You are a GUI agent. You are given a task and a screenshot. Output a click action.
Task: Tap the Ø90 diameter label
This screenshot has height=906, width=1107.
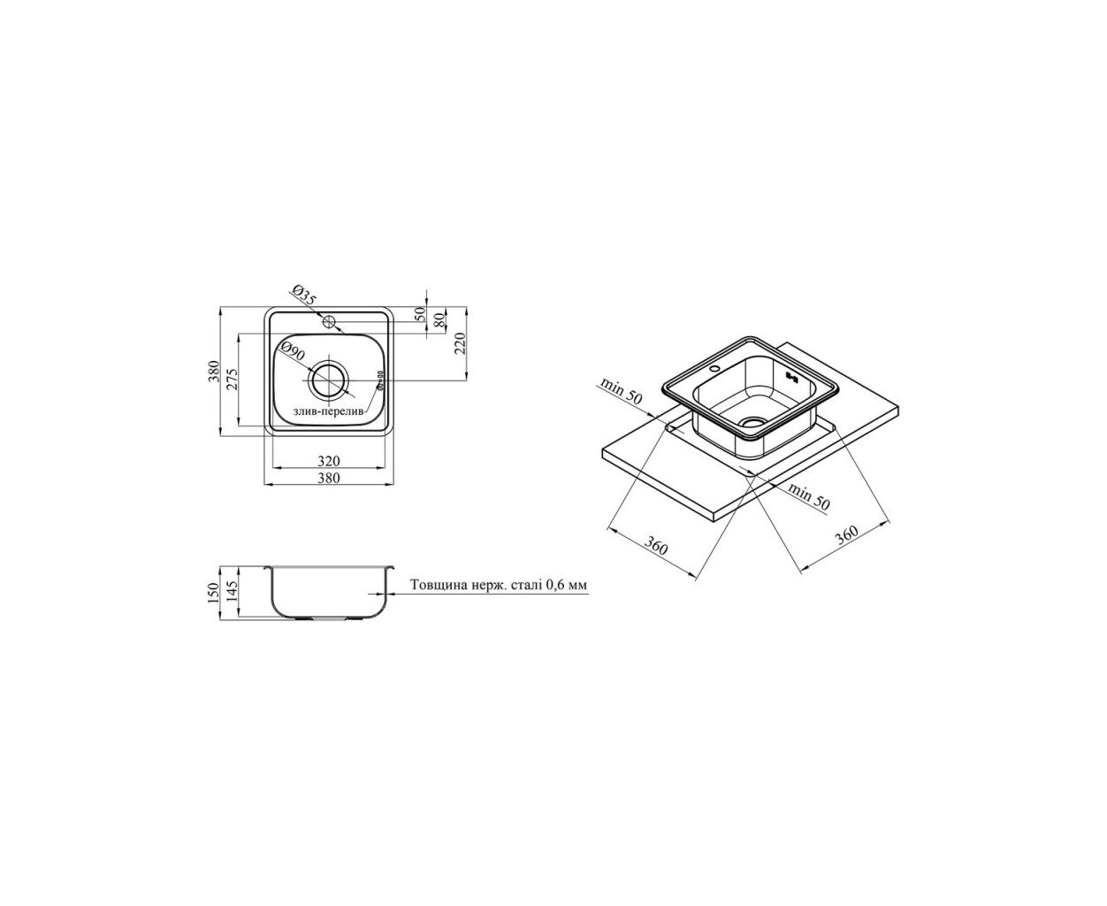pyautogui.click(x=293, y=351)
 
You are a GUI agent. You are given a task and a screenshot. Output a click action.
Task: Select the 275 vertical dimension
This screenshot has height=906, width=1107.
pyautogui.click(x=233, y=379)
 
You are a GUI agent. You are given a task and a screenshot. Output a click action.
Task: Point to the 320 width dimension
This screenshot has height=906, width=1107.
pyautogui.click(x=329, y=461)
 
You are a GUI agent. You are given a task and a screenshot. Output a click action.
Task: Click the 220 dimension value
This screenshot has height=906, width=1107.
pyautogui.click(x=461, y=343)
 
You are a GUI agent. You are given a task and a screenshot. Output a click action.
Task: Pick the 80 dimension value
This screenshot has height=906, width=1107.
pyautogui.click(x=439, y=319)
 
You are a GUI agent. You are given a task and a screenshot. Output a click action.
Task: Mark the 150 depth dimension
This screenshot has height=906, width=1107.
pyautogui.click(x=212, y=593)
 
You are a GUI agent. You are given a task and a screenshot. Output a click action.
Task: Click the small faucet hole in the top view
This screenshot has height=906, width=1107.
pyautogui.click(x=329, y=320)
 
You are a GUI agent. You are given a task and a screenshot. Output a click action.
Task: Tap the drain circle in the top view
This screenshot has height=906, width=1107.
pyautogui.click(x=329, y=380)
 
